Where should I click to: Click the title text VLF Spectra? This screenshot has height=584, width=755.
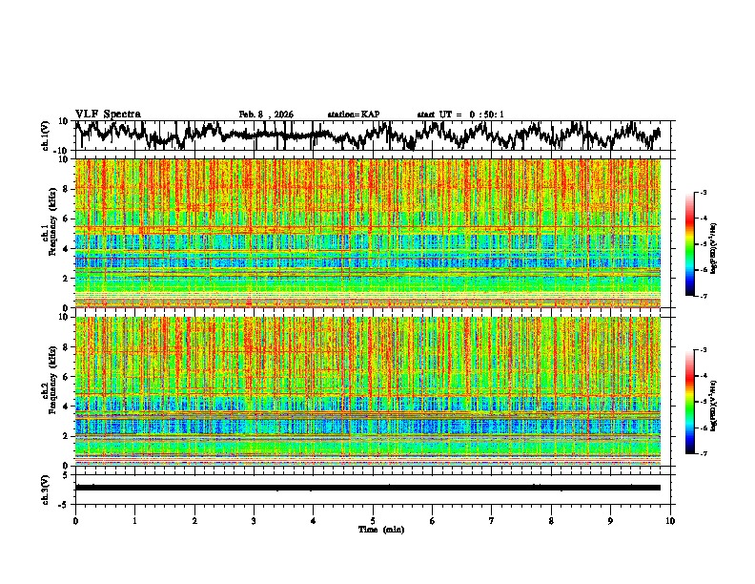108,114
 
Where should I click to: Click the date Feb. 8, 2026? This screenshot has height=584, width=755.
266,115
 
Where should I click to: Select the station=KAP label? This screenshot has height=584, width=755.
354,115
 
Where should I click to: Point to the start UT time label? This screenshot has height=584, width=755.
460,115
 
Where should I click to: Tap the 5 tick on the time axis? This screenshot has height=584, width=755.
373,520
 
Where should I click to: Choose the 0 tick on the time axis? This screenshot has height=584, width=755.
75,520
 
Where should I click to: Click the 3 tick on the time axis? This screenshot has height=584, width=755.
254,520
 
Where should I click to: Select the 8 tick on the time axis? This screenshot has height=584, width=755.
551,520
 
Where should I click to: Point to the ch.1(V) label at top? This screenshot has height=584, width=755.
45,136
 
